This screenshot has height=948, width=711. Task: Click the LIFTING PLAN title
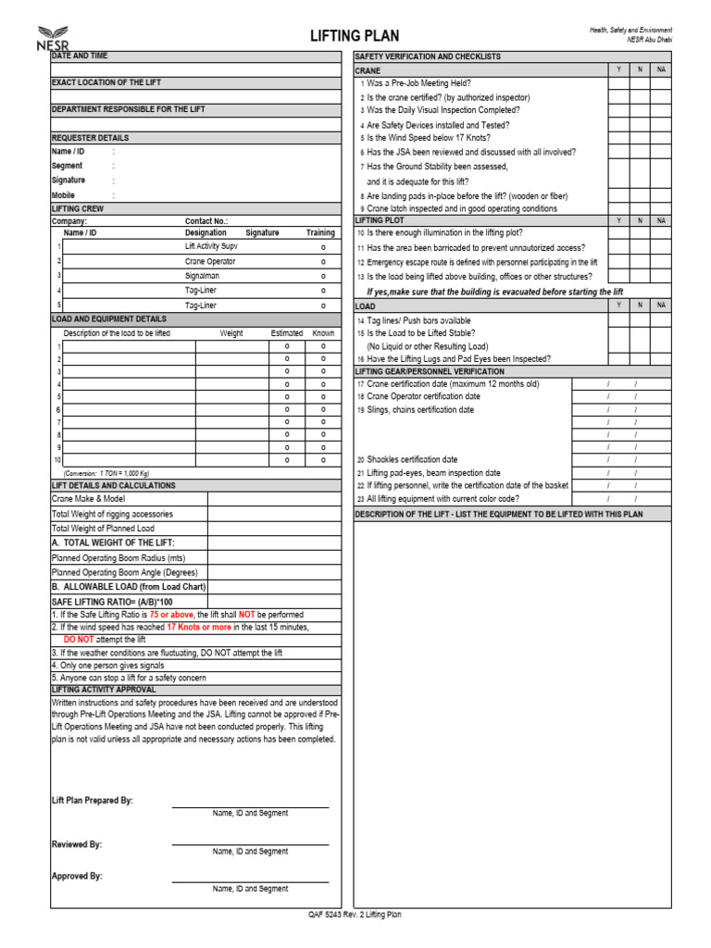pyautogui.click(x=355, y=36)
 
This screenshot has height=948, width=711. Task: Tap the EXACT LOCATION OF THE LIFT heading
pyautogui.click(x=106, y=82)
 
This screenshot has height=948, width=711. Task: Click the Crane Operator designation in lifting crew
pyautogui.click(x=210, y=262)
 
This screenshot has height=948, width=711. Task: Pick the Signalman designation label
pyautogui.click(x=202, y=276)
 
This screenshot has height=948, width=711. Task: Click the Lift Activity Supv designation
pyautogui.click(x=211, y=247)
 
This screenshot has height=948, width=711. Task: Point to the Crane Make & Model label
pyautogui.click(x=88, y=499)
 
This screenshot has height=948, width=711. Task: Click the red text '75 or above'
pyautogui.click(x=171, y=614)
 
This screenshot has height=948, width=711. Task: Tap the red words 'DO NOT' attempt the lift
pyautogui.click(x=79, y=640)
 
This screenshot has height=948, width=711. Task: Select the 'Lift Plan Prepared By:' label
pyautogui.click(x=93, y=800)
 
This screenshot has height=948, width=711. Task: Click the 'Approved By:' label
pyautogui.click(x=77, y=876)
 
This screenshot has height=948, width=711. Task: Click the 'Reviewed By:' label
pyautogui.click(x=77, y=844)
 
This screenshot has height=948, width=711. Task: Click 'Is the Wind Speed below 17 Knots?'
pyautogui.click(x=430, y=138)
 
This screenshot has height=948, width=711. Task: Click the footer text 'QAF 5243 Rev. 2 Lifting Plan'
pyautogui.click(x=355, y=915)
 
